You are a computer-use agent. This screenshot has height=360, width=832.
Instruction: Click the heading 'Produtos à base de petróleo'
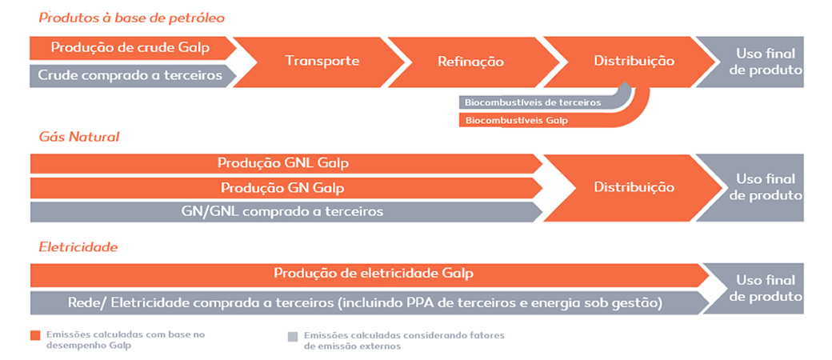pos(131,18)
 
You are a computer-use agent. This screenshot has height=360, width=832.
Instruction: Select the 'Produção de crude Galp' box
pos(130,48)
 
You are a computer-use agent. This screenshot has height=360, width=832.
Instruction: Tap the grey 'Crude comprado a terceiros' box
pos(130,75)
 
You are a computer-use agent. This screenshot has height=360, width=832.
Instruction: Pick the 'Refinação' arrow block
pos(470,61)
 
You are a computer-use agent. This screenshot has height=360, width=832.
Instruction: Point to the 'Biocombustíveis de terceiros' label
pos(533,102)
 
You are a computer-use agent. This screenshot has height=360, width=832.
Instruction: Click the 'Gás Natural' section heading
pos(79,137)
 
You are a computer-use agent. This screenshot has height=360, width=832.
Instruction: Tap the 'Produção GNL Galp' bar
pos(286,163)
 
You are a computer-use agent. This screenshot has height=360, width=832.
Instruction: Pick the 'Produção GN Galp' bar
pos(286,188)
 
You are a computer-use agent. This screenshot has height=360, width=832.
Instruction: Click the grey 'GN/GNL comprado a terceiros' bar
pos(286,212)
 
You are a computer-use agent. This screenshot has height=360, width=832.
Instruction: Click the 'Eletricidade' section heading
pos(78,247)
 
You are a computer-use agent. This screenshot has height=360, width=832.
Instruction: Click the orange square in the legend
pos(35,335)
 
